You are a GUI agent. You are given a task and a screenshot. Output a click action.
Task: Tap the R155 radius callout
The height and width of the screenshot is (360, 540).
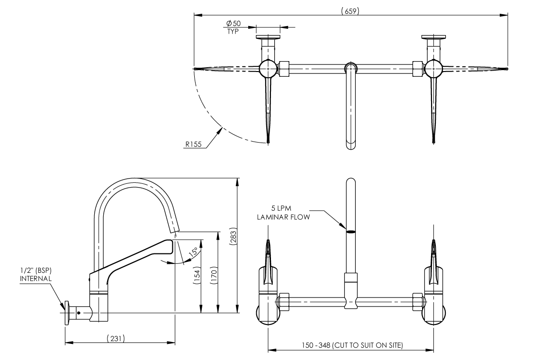[193, 144]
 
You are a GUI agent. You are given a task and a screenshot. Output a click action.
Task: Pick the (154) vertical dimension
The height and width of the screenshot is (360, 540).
[197, 276]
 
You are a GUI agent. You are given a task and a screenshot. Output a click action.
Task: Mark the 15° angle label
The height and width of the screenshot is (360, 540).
[193, 252]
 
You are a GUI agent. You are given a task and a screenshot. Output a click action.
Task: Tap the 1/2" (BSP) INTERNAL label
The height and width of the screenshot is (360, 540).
[36, 275]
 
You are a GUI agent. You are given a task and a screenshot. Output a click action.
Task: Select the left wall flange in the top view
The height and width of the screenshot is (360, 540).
[268, 37]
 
